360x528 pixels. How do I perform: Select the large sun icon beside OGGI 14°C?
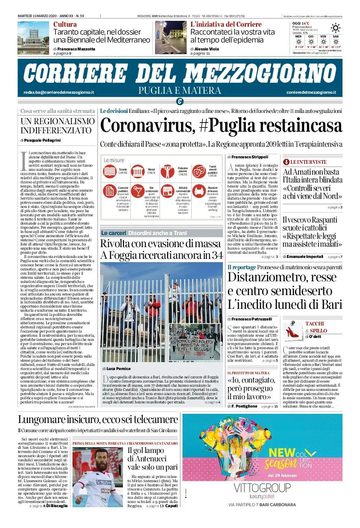335,28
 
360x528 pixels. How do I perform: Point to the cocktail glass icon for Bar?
138,191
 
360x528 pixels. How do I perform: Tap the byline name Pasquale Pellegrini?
42,140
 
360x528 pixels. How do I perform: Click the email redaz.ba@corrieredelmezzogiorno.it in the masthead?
59,92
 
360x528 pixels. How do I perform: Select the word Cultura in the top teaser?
65,24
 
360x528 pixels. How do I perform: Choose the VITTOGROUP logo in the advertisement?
262,488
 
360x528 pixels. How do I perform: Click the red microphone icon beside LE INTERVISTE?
286,162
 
